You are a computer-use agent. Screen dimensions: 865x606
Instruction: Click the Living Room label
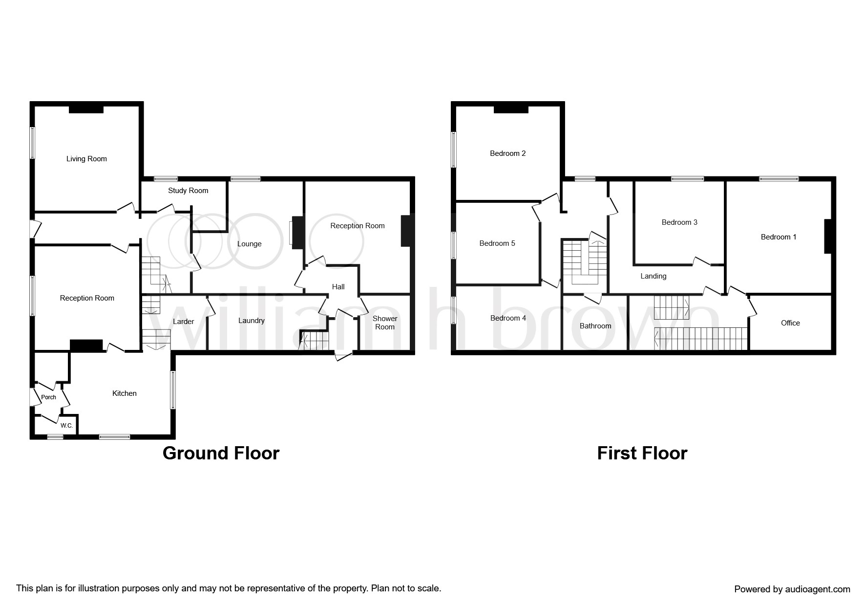tap(86, 159)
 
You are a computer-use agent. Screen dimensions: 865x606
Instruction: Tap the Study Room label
tap(188, 191)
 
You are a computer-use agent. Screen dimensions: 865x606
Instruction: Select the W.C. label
tap(66, 426)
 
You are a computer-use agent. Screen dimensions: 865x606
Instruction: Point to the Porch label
tap(48, 397)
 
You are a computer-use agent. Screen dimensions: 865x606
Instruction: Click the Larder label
tap(184, 322)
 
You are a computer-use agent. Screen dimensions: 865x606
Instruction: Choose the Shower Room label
tap(385, 323)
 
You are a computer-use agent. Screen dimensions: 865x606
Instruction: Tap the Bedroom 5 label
tap(497, 243)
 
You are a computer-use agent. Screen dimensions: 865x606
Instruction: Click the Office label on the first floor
tap(790, 323)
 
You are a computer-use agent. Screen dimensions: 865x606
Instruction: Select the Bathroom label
tap(595, 326)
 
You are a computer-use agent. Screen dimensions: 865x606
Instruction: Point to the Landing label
tap(653, 276)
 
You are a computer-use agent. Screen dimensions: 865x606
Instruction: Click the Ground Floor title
tap(221, 454)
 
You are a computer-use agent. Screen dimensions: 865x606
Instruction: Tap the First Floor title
tap(642, 454)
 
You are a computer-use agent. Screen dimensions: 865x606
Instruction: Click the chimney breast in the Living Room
tap(86, 109)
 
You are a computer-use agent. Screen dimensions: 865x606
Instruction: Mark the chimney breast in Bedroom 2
tap(511, 109)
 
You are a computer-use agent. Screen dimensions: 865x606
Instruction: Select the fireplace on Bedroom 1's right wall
tap(828, 237)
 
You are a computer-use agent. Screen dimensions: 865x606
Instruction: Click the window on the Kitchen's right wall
tap(172, 390)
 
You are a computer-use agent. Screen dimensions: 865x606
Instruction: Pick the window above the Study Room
tap(167, 179)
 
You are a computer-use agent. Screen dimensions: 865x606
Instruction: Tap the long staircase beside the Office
tap(701, 339)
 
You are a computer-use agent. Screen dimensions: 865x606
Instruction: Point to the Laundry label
tap(252, 321)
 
